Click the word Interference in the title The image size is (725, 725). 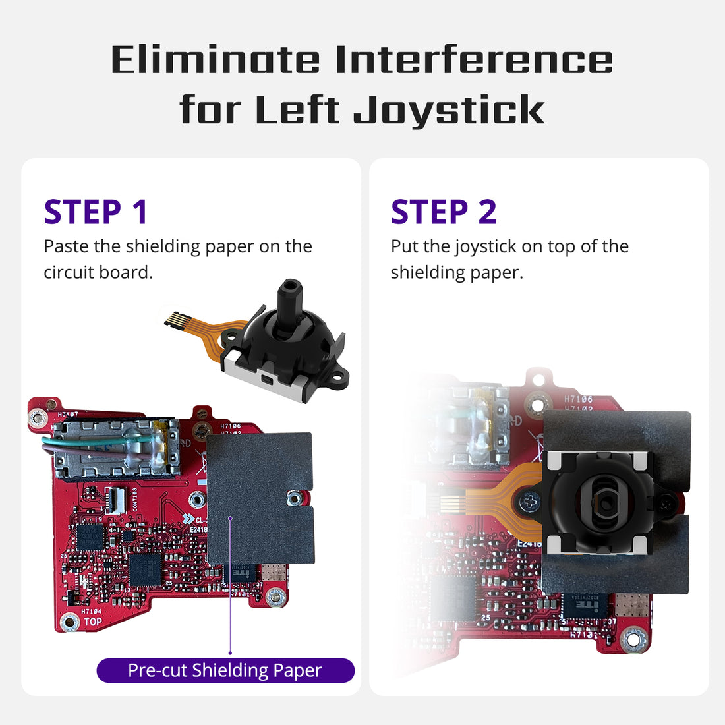(x=474, y=60)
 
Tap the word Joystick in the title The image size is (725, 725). (x=449, y=110)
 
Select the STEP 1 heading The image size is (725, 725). (x=96, y=212)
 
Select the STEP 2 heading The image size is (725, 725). (x=444, y=212)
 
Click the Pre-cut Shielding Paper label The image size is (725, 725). (x=225, y=670)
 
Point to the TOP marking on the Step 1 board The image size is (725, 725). (x=93, y=622)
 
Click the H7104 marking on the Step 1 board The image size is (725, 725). (x=92, y=611)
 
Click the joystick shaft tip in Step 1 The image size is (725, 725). (x=289, y=287)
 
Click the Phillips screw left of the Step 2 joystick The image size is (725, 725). (x=528, y=502)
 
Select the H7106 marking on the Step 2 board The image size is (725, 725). (x=578, y=399)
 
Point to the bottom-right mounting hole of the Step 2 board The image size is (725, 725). (x=633, y=638)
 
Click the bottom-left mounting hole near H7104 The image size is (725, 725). (x=70, y=621)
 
